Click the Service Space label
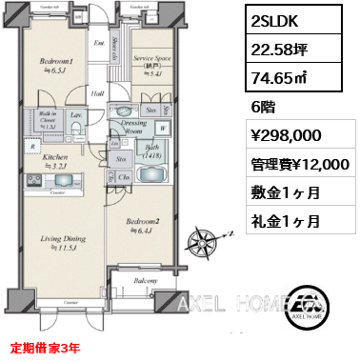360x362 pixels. pyautogui.click(x=150, y=61)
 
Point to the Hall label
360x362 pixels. pyautogui.click(x=98, y=93)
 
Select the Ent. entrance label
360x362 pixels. pyautogui.click(x=98, y=43)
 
